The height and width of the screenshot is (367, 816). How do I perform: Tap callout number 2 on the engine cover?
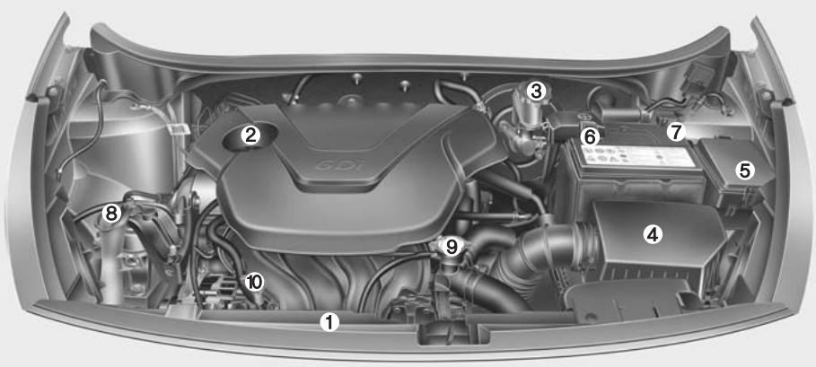251,135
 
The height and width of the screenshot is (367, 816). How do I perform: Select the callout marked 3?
536,91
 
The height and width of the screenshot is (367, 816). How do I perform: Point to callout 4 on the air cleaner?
653,235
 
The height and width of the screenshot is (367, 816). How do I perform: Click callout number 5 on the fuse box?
744,168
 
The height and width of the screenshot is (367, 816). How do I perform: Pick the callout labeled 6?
589,137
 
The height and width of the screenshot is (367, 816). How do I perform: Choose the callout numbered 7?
675,131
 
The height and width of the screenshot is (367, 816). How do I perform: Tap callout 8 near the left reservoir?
111,214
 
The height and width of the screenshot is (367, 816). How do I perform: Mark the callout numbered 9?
452,245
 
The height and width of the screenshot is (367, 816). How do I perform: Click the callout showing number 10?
255,282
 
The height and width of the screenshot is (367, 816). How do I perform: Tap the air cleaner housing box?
660,247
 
